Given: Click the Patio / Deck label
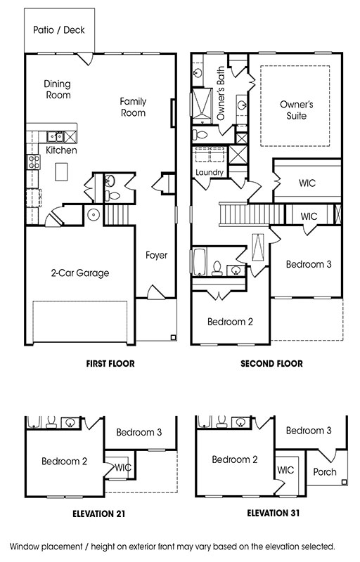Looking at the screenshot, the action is click(59, 30).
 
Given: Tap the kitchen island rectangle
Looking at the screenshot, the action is click(61, 171).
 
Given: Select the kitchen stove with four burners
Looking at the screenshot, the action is click(34, 162).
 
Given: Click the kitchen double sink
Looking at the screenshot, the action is click(56, 136).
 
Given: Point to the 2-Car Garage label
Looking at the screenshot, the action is click(80, 273).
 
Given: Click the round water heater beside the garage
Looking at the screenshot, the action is click(94, 215).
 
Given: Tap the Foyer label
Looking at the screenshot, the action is click(156, 255).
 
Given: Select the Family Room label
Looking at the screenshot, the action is click(133, 107).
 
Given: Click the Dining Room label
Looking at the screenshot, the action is click(58, 90).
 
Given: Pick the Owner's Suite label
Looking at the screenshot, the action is click(297, 110).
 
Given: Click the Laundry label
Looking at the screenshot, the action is click(210, 172).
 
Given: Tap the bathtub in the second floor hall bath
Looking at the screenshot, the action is click(200, 261).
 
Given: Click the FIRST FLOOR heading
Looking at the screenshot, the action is click(110, 363).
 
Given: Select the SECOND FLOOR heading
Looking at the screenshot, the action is click(272, 363).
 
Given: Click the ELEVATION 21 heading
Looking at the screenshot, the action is click(99, 514).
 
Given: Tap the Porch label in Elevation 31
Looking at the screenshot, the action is click(325, 472).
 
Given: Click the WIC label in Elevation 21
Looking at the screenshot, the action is click(123, 467).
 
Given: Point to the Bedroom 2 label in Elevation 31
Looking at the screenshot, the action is click(235, 459).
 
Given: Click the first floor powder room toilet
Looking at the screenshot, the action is click(112, 196).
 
